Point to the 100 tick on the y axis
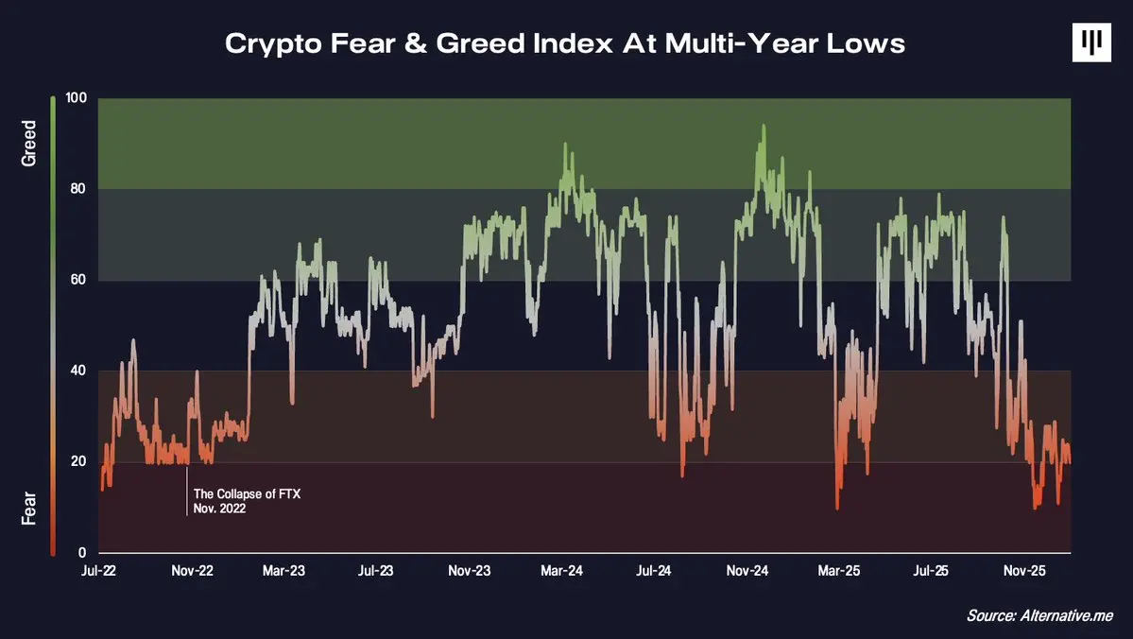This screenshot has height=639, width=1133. pyautogui.click(x=77, y=98)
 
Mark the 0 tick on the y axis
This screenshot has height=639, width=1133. pyautogui.click(x=83, y=552)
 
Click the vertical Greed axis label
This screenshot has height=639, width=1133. pyautogui.click(x=29, y=144)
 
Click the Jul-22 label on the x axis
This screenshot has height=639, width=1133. pyautogui.click(x=100, y=572)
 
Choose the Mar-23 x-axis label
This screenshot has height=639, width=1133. pyautogui.click(x=284, y=572)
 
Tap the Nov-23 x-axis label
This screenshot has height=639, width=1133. pyautogui.click(x=470, y=572)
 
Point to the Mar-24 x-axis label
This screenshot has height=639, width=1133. pyautogui.click(x=561, y=572)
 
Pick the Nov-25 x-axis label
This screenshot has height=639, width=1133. pyautogui.click(x=1024, y=572)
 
